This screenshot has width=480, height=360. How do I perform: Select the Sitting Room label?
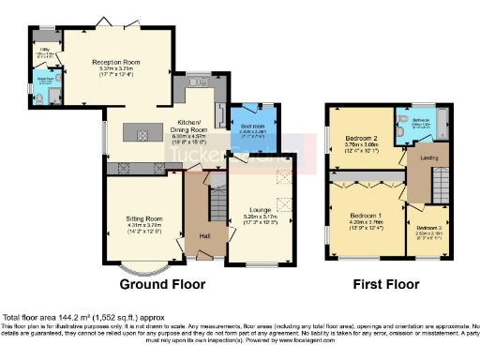(x=144, y=217)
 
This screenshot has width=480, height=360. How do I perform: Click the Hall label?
(x=203, y=235)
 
